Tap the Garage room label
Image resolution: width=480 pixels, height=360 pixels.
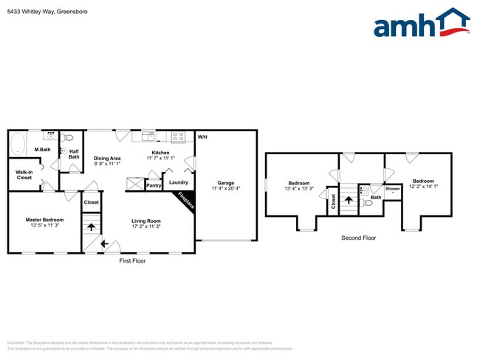pos(225,183)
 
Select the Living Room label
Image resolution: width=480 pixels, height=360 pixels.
pos(146,221)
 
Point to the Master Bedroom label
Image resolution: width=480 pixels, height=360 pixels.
pos(44,220)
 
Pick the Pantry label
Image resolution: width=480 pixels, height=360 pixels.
pos(154,186)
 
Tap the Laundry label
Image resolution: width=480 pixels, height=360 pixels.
pos(179,182)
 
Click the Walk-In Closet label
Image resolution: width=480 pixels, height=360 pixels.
pos(24,175)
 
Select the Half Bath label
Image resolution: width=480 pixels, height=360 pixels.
pos(74,153)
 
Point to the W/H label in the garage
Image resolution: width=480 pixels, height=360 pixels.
pos(202,137)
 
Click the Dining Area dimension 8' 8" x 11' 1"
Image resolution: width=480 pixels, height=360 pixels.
pos(107,164)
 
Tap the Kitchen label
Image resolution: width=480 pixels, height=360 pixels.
pos(160,153)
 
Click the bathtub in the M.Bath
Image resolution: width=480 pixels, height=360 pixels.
pos(18,144)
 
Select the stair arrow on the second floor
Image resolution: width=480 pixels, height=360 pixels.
pos(347,200)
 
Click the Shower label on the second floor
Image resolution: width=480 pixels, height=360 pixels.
pos(392,189)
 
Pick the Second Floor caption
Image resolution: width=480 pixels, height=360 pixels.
pos(358,238)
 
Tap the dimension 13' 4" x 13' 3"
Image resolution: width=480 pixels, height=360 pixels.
pos(299,189)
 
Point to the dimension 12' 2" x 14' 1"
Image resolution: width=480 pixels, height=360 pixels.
pos(423,187)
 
